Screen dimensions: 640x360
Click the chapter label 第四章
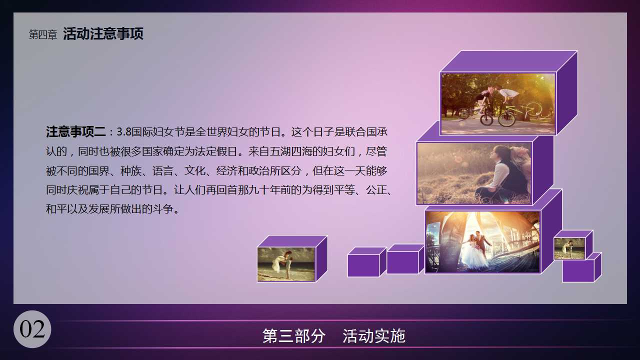pos(43,34)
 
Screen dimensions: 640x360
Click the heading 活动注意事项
pos(103,33)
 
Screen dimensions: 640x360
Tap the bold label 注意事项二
pos(75,132)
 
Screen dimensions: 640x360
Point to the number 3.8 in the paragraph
pos(124,132)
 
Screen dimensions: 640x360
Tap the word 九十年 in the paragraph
pos(264,190)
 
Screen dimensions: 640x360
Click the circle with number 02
pos(32,329)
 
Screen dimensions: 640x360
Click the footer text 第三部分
pos(293,336)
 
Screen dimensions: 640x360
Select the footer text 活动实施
pos(374,336)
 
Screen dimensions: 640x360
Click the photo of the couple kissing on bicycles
pos(498,103)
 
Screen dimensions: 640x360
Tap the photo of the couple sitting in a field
pos(474,173)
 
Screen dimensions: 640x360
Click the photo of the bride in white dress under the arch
pos(482,242)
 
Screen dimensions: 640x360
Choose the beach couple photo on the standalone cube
pos(286,264)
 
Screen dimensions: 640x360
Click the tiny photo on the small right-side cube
pos(569,249)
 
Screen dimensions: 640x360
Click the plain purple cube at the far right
pos(581,267)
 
